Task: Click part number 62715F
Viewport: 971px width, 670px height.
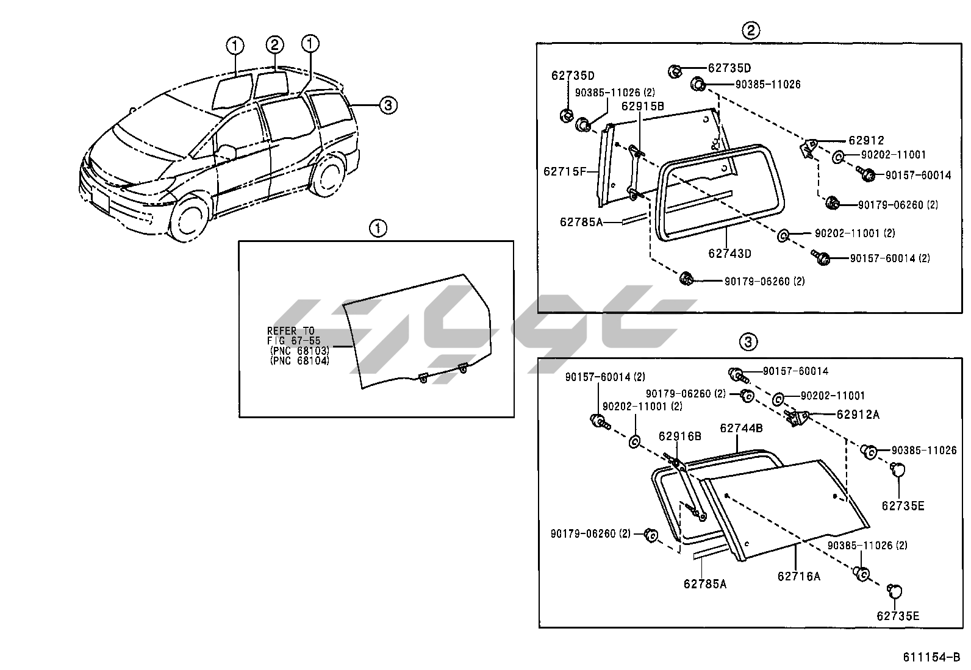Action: tap(564, 171)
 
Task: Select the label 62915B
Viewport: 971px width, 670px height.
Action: tap(643, 106)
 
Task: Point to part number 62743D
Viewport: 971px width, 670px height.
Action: tap(729, 253)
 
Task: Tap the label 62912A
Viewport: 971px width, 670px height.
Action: tap(858, 415)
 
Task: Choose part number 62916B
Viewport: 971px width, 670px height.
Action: tap(679, 436)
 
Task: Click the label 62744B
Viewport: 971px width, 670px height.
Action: tap(741, 428)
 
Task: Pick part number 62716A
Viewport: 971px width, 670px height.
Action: tap(798, 576)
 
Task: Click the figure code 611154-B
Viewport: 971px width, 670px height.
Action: tap(931, 657)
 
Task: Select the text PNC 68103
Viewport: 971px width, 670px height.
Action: tap(299, 351)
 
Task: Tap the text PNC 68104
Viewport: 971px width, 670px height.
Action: tap(299, 361)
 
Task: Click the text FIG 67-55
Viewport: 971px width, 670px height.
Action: tap(293, 341)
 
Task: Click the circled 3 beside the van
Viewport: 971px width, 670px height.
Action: tap(387, 105)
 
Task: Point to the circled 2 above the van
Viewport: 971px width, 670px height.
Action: tap(274, 45)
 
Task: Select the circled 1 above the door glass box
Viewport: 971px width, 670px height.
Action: tap(378, 229)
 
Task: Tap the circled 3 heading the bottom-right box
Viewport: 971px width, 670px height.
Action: tap(748, 343)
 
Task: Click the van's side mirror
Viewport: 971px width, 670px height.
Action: tap(227, 152)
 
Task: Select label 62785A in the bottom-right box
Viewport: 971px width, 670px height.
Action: tap(704, 583)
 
